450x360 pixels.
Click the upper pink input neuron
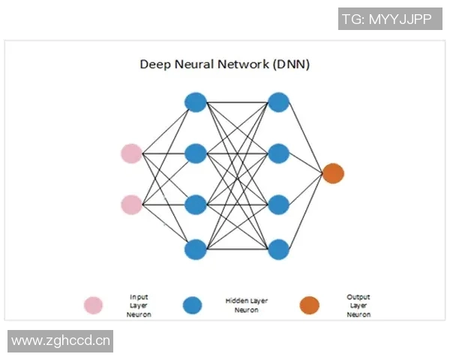[x=131, y=153]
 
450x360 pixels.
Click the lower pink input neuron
[x=131, y=204]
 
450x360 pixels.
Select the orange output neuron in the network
[x=333, y=174]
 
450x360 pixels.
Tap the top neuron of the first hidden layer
[x=195, y=101]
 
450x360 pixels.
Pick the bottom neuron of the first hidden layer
[x=195, y=248]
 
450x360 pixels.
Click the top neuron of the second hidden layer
[x=279, y=101]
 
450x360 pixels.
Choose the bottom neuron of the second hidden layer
[x=279, y=248]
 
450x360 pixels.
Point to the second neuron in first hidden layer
[x=195, y=153]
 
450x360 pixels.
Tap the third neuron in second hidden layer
[x=279, y=204]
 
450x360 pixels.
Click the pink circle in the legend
[x=93, y=305]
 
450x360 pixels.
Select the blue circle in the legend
[x=193, y=305]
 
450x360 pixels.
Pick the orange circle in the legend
[x=309, y=305]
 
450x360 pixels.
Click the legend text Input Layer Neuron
[x=139, y=305]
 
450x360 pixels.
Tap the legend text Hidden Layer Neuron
[x=246, y=305]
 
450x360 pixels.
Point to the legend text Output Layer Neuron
[x=358, y=305]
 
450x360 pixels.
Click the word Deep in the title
[x=155, y=64]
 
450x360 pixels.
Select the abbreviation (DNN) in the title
[x=291, y=64]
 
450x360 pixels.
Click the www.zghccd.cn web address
[x=61, y=341]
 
